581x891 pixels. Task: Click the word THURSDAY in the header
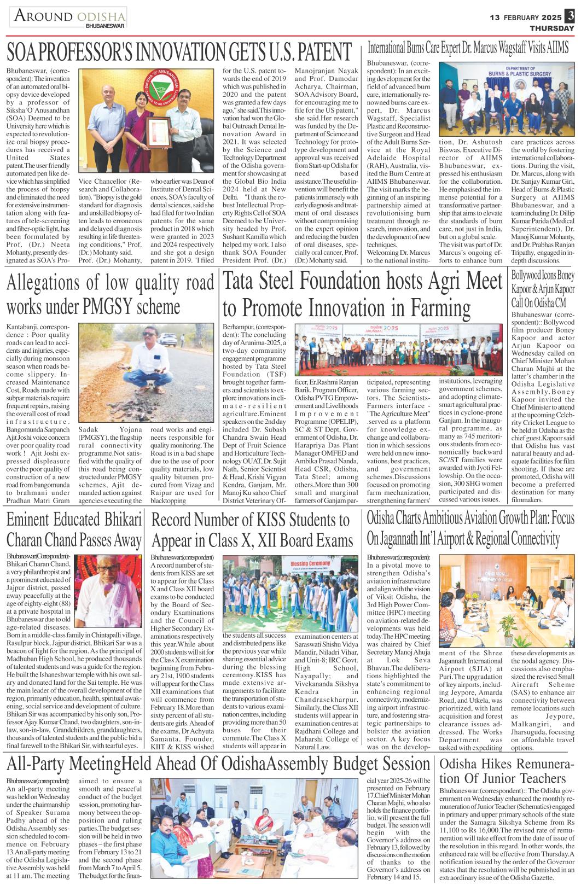[551, 28]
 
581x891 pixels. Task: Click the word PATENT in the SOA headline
[319, 53]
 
